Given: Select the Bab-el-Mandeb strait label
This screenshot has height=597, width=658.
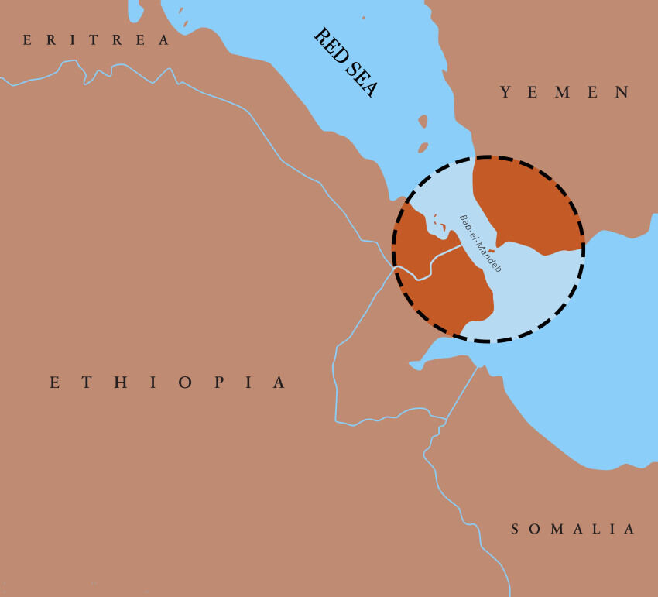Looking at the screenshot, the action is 480,242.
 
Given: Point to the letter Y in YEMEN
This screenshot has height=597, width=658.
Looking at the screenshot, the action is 505,92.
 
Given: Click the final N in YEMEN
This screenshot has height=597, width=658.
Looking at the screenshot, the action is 622,92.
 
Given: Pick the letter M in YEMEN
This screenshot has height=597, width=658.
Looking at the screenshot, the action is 564,92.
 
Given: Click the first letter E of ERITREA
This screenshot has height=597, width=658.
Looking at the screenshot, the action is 28,40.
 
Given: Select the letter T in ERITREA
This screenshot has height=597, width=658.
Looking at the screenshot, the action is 94,40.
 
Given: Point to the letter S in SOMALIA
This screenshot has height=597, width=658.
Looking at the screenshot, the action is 516,530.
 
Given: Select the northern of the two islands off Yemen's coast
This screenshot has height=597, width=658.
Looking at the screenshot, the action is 423,122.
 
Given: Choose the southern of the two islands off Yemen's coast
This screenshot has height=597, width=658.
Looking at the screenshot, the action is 423,147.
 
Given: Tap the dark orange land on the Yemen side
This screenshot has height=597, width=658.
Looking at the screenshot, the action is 526,205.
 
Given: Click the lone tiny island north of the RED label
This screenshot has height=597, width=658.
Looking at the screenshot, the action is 363,17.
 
